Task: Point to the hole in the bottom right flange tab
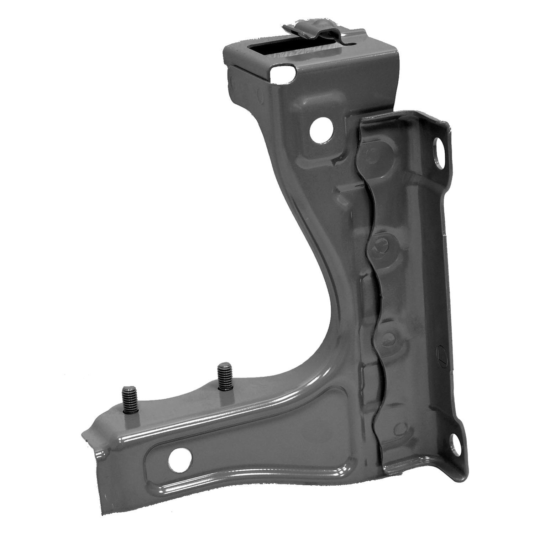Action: click(x=454, y=439)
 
